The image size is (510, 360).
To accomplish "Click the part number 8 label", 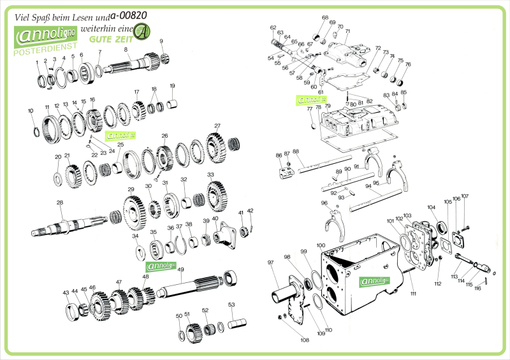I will coord(126,50).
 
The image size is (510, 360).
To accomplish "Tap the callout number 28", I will coord(59,203).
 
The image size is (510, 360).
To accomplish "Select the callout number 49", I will coord(180,270).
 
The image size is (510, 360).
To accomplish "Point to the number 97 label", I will coord(270,263).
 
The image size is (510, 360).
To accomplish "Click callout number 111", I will coord(413,294).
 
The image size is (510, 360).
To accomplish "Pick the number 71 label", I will coord(347,31).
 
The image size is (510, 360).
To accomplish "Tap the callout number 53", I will coord(231,305).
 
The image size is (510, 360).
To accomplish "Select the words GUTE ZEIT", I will coord(106,38).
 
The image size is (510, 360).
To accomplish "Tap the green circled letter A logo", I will coord(143,31).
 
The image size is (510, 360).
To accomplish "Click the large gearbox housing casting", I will coord(357,274).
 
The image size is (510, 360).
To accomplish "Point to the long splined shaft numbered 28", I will coord(76,225).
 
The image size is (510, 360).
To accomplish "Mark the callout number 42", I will coord(250,211).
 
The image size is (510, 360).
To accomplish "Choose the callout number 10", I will coord(31,111).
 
